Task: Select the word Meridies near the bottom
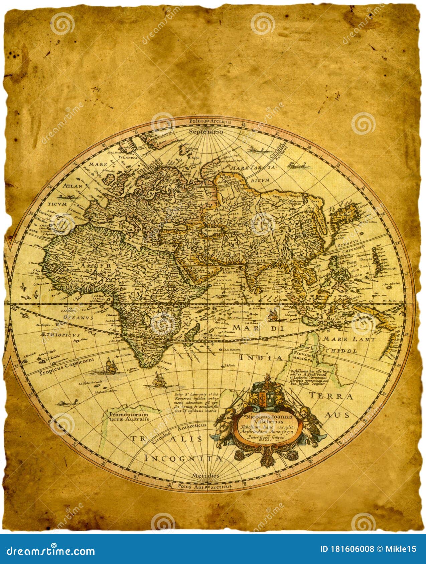pos(206,475)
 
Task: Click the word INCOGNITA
pos(183,459)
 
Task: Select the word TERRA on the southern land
pos(331,396)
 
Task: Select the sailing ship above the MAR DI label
pos(273,314)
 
